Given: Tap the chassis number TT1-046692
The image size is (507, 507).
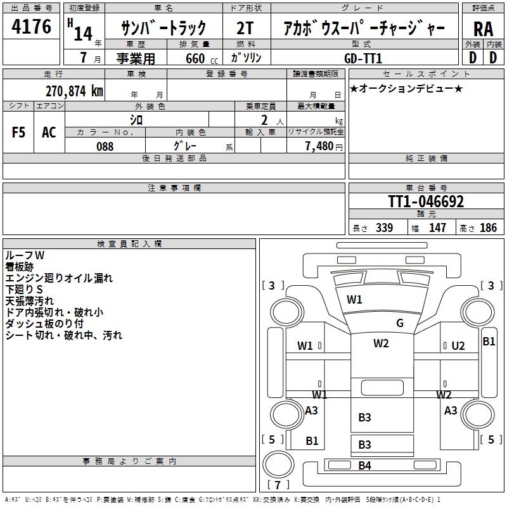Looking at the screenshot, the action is tap(426, 202).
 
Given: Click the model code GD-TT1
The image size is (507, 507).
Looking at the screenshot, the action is tap(364, 58).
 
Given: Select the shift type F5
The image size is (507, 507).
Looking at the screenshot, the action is tap(19, 132).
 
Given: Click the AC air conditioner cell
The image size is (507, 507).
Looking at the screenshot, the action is tap(49, 132).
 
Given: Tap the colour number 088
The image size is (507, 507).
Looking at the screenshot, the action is tap(105, 146).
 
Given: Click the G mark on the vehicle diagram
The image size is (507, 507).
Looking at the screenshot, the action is tap(400, 323).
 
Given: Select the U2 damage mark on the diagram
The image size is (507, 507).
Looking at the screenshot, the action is tap(458, 345).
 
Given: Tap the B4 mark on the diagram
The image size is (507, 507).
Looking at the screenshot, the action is tap(364, 466).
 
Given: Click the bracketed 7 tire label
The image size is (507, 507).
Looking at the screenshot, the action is tap(278, 485).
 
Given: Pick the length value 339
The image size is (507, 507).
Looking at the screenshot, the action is tap(384, 228).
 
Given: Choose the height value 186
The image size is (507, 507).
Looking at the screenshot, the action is tap(488, 228).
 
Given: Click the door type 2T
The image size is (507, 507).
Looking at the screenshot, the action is tap(246, 29).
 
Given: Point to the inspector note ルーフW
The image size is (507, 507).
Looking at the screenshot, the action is tap(25, 255).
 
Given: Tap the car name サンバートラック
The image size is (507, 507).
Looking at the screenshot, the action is tap(164, 29).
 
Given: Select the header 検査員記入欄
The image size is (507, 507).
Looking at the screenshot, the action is tap(129, 243).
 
